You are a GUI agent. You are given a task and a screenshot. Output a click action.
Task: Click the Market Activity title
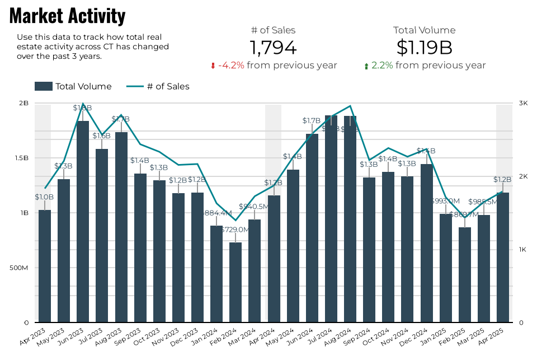tap(67, 16)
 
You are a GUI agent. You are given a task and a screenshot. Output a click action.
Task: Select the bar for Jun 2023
tap(83, 221)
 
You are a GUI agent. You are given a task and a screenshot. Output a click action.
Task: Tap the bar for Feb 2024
tap(235, 282)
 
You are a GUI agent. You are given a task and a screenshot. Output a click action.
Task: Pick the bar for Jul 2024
tap(331, 218)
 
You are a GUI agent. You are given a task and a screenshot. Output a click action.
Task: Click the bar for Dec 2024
tap(427, 243)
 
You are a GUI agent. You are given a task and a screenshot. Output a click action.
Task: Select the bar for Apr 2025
tap(503, 258)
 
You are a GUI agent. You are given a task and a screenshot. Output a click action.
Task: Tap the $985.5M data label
tap(483, 202)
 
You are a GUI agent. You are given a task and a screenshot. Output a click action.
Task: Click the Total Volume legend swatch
tap(43, 86)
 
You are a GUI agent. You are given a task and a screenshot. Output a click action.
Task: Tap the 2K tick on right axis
tap(523, 176)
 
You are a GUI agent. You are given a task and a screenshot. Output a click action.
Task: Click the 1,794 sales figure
tap(273, 48)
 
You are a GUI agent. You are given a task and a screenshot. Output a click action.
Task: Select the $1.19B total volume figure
tap(424, 48)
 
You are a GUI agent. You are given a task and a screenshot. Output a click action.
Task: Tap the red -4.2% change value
tap(231, 66)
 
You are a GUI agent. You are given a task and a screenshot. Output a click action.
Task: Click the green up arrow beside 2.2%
tap(366, 66)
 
